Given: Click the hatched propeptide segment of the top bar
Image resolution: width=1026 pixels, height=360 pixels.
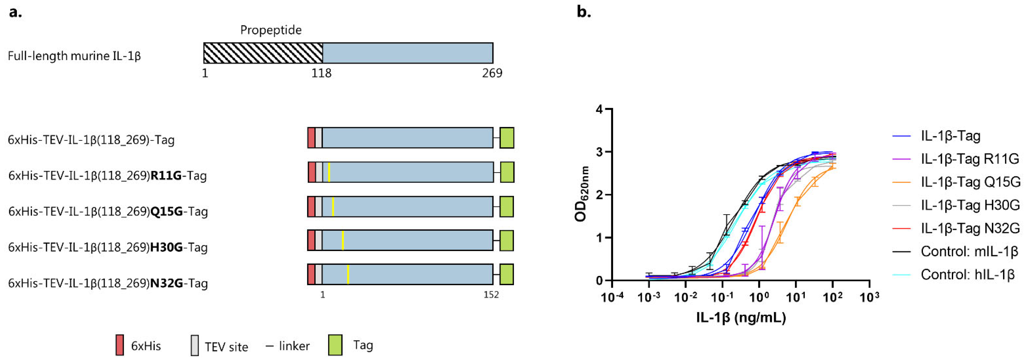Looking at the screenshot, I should point(263,53).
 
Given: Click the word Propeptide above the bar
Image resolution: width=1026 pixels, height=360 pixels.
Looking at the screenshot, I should point(271,30).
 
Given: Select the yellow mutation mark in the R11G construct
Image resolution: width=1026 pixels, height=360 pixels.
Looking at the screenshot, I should point(329,172).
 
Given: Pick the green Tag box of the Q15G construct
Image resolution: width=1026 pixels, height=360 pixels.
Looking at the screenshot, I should point(507,206).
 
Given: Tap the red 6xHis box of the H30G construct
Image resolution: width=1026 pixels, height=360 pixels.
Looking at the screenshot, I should point(311,240).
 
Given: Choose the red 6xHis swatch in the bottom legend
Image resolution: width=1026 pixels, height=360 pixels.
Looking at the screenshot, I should point(119,345).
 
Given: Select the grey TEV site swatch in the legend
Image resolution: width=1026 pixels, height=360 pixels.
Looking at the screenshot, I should point(194,345).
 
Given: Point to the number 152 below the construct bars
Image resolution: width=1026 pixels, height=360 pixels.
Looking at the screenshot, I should point(491,295).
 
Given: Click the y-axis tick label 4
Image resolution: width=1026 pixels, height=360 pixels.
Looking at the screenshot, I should point(599,110).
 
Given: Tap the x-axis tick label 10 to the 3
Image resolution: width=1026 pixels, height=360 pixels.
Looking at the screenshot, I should point(869,297).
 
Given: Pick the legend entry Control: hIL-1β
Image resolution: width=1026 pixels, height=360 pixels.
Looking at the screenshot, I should point(967,274).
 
